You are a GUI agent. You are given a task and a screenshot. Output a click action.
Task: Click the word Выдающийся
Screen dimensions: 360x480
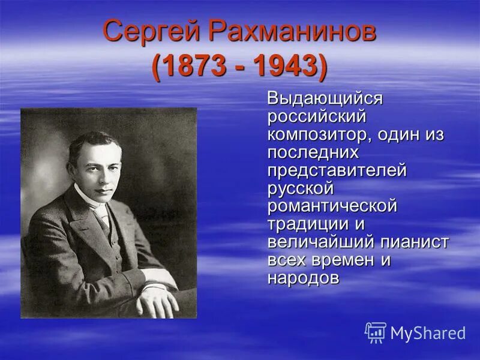pyautogui.click(x=325, y=98)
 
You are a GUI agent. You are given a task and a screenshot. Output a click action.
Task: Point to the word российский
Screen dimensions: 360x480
pyautogui.click(x=316, y=116)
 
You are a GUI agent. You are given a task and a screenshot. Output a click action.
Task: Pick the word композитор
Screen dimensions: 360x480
pyautogui.click(x=321, y=134)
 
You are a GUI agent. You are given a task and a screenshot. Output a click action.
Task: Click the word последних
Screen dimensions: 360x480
pyautogui.click(x=313, y=152)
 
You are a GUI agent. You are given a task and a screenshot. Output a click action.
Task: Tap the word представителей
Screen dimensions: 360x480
pyautogui.click(x=337, y=170)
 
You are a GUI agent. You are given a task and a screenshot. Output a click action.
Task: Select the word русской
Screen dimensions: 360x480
pyautogui.click(x=300, y=188)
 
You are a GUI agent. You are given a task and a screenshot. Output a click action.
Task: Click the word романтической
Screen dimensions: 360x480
pyautogui.click(x=332, y=206)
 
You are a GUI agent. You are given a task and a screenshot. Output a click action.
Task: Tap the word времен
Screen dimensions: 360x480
pyautogui.click(x=342, y=260)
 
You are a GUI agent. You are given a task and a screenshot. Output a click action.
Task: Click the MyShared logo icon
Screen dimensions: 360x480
pyautogui.click(x=376, y=332)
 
